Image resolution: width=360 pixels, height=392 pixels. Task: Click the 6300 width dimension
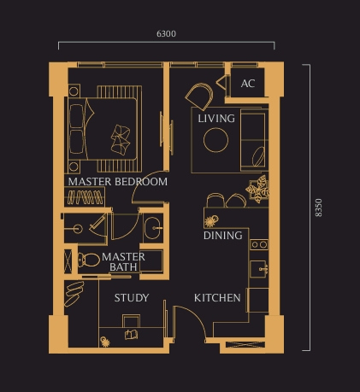pos(167,34)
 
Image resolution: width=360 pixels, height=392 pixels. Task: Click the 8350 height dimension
pos(318,208)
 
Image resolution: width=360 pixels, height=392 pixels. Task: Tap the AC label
pos(248,84)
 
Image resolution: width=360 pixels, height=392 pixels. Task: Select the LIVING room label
pos(215,119)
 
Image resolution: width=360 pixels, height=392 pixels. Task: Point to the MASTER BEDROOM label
pos(117,182)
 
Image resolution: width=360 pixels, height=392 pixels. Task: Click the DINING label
pos(222,235)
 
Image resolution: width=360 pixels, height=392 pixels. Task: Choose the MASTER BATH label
pos(122,262)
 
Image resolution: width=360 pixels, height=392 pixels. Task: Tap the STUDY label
pos(132,298)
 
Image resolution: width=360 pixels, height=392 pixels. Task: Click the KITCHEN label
pos(217,298)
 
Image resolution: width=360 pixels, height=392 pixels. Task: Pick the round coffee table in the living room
pos(215,139)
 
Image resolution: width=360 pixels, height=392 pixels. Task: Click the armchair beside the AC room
pos(202,94)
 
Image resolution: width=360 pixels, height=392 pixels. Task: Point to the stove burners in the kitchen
pos(258,245)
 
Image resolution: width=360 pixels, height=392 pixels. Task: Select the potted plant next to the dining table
pos(257,190)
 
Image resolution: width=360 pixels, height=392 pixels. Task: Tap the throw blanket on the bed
pos(121,136)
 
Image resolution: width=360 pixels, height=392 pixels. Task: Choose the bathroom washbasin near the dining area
pos(152,227)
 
